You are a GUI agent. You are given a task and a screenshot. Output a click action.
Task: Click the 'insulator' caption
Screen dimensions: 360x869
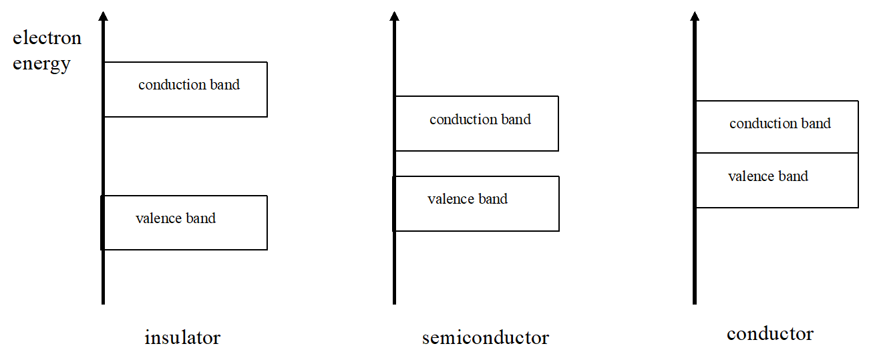tap(182, 337)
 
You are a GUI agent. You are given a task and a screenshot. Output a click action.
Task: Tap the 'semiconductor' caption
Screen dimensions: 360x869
tap(486, 338)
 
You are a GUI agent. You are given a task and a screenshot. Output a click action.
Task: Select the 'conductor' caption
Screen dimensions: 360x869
tap(770, 333)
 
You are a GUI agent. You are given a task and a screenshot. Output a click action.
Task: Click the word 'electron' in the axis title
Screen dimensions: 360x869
tap(47, 38)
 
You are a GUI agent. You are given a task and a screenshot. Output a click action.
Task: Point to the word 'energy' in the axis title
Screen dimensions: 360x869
tap(41, 64)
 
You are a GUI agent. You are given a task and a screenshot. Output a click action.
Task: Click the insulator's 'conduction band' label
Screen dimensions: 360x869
tap(189, 85)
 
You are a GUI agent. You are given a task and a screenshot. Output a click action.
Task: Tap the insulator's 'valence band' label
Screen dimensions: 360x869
tap(176, 218)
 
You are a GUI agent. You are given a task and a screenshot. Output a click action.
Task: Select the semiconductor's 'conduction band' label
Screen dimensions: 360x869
tap(480, 120)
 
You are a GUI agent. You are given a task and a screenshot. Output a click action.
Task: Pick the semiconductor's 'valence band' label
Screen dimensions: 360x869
tap(468, 199)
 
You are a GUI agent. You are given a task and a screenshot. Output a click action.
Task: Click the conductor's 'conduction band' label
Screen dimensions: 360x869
tap(780, 124)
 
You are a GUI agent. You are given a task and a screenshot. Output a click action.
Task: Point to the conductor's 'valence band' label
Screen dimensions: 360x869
tap(768, 176)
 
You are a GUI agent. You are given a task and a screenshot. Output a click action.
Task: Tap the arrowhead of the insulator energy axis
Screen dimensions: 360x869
tap(103, 16)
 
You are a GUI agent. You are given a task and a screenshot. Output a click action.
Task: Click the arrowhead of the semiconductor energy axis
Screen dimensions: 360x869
tap(394, 16)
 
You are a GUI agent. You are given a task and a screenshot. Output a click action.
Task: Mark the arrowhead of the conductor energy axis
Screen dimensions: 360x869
tap(695, 16)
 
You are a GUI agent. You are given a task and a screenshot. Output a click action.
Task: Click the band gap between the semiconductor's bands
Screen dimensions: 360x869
tap(476, 164)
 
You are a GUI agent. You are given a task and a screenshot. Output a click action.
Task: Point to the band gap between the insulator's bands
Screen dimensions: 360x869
tap(185, 156)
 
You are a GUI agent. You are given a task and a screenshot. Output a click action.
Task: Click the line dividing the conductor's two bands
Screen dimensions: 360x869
tap(777, 153)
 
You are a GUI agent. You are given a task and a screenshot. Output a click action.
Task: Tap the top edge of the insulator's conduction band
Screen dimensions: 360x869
tap(186, 62)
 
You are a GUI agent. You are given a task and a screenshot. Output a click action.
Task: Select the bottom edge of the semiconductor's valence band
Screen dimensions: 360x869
tap(476, 231)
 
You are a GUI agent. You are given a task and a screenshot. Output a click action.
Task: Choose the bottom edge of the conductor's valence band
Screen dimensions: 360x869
tap(777, 207)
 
